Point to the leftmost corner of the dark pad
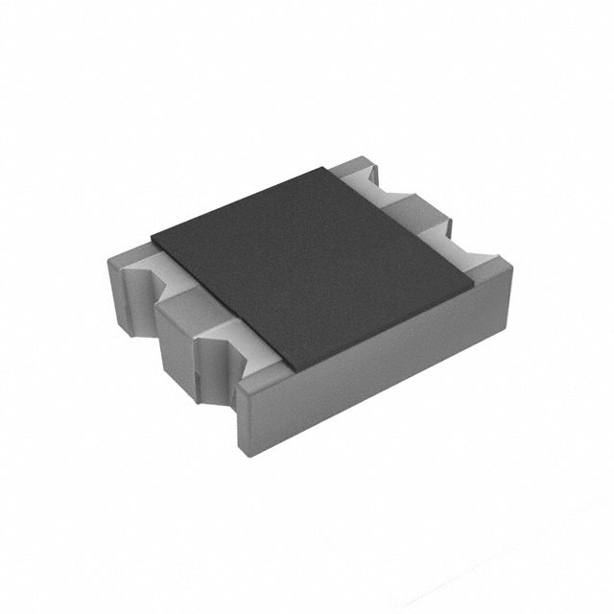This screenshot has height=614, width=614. coord(153,233)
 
